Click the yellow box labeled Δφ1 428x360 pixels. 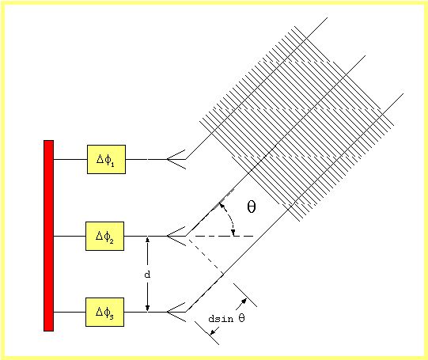(x=106, y=159)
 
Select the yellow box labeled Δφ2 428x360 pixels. (x=104, y=236)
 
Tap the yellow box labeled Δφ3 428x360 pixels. (x=104, y=312)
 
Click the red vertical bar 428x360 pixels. (x=48, y=236)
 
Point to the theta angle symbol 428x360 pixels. (x=252, y=207)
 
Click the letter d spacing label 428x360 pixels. (x=147, y=275)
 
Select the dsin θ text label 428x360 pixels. (x=226, y=319)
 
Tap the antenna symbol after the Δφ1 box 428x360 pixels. (x=176, y=159)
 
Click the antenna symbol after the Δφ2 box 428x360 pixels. (x=176, y=236)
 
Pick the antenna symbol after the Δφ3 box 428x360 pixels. (x=176, y=312)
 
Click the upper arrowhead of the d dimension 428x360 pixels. (x=147, y=239)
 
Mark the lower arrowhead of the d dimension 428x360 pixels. (x=147, y=309)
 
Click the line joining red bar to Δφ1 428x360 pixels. (x=70, y=159)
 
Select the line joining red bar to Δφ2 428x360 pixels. (x=70, y=236)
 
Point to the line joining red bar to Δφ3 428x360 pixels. (x=70, y=312)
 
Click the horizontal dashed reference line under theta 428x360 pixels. (x=221, y=236)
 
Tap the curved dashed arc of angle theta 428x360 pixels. (x=230, y=216)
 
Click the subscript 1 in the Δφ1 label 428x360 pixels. (x=112, y=165)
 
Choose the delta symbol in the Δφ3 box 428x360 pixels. (x=100, y=312)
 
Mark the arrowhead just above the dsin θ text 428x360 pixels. (x=244, y=301)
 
